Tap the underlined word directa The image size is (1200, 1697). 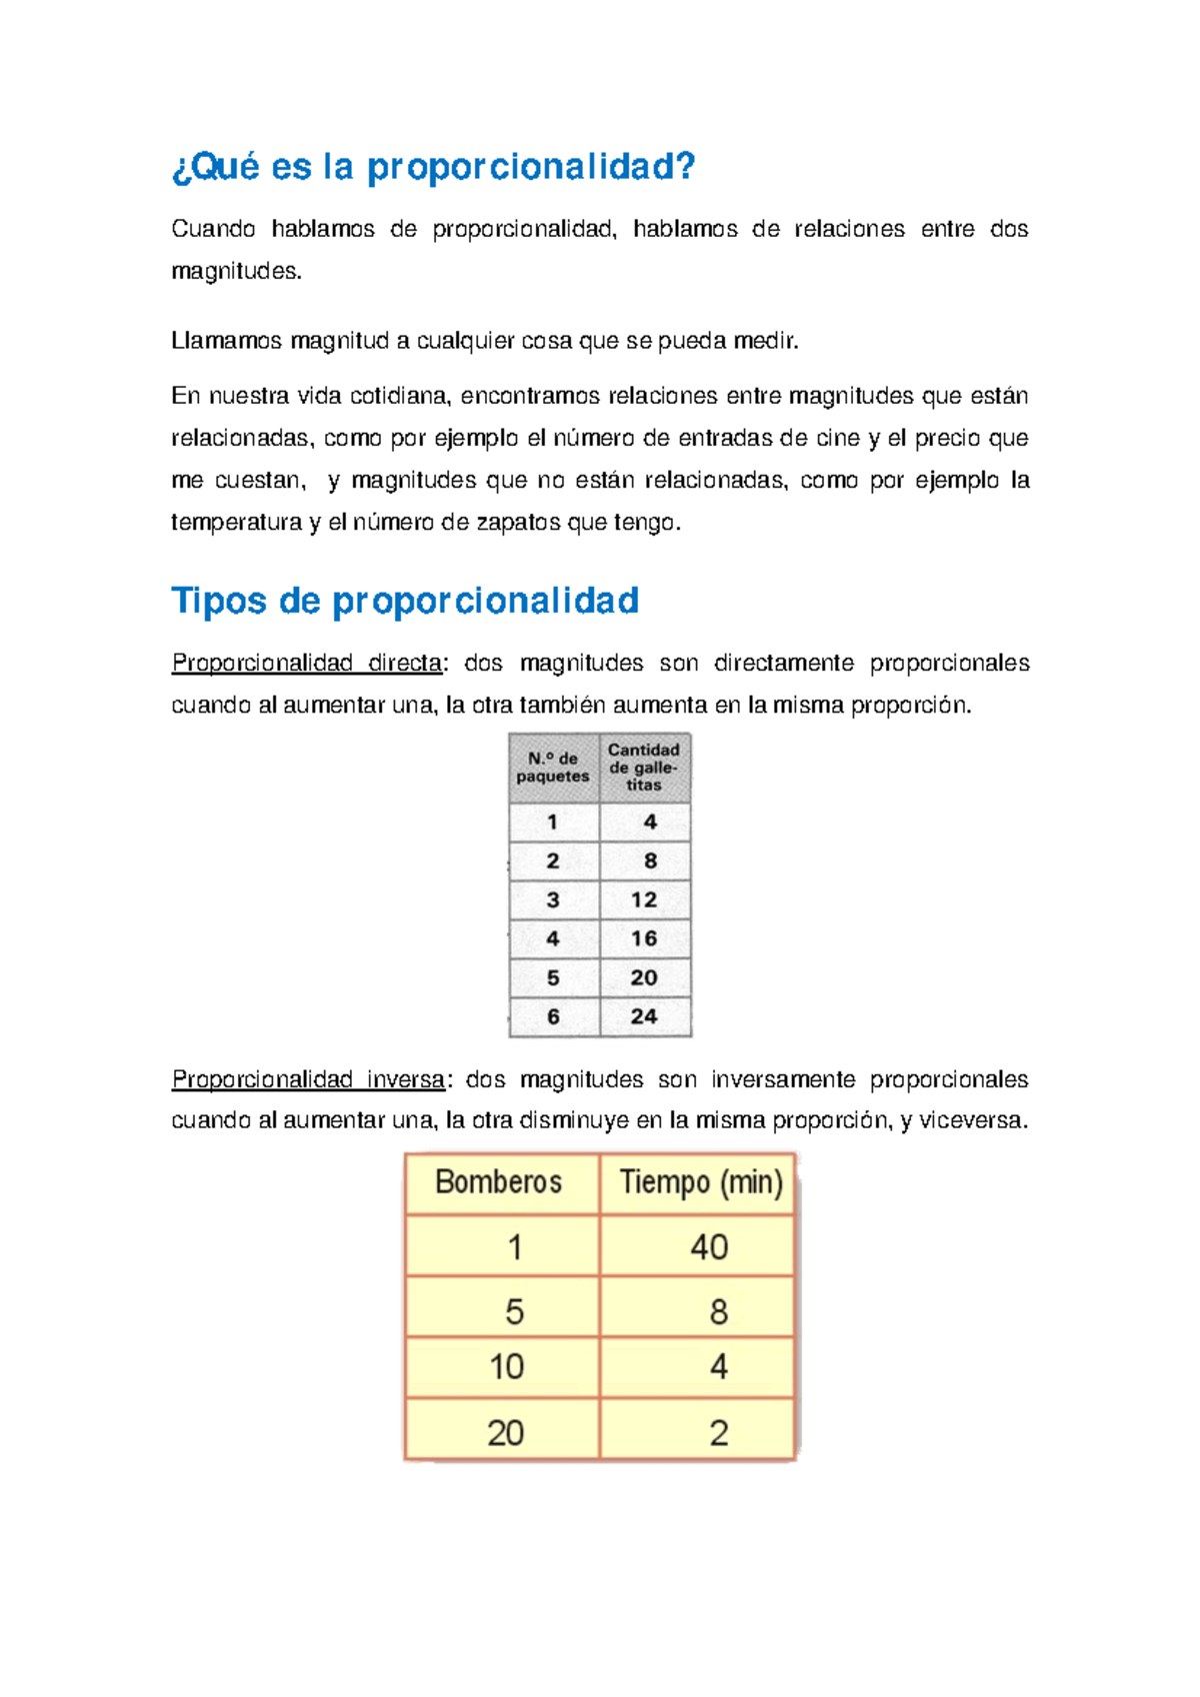405,663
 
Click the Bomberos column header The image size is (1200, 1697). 499,1183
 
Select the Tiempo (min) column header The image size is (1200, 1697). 701,1183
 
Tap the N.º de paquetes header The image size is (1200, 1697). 553,768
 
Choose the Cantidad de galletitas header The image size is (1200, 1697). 644,767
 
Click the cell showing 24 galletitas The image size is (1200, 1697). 644,1016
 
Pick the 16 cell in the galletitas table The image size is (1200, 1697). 644,938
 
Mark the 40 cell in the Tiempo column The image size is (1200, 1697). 709,1247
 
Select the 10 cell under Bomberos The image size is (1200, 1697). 507,1367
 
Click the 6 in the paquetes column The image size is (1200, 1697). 553,1016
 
